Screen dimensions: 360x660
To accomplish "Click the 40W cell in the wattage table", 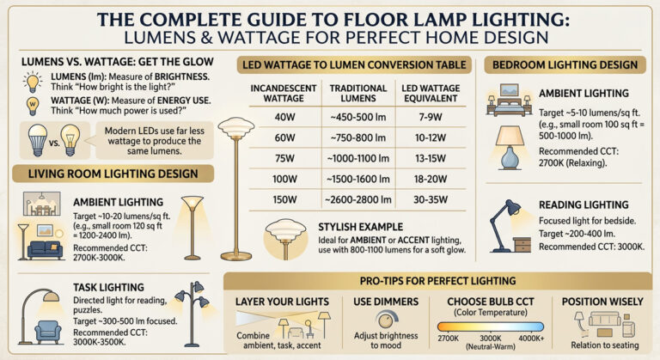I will (x=283, y=115).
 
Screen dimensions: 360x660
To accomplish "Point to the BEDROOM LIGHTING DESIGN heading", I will (x=565, y=64).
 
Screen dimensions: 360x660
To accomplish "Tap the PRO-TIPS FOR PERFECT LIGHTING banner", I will (x=439, y=281).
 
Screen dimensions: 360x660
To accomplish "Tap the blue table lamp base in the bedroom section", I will (x=513, y=158).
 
